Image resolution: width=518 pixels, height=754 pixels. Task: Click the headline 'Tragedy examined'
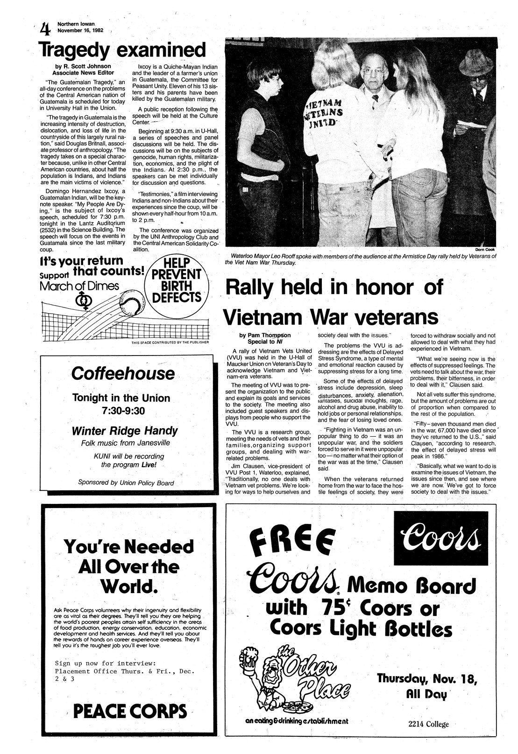pos(122,50)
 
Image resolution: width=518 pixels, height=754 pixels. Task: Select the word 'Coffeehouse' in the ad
pos(123,374)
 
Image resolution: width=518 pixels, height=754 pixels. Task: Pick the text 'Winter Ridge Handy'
pos(124,431)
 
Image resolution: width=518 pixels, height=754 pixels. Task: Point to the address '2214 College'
pos(428,724)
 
